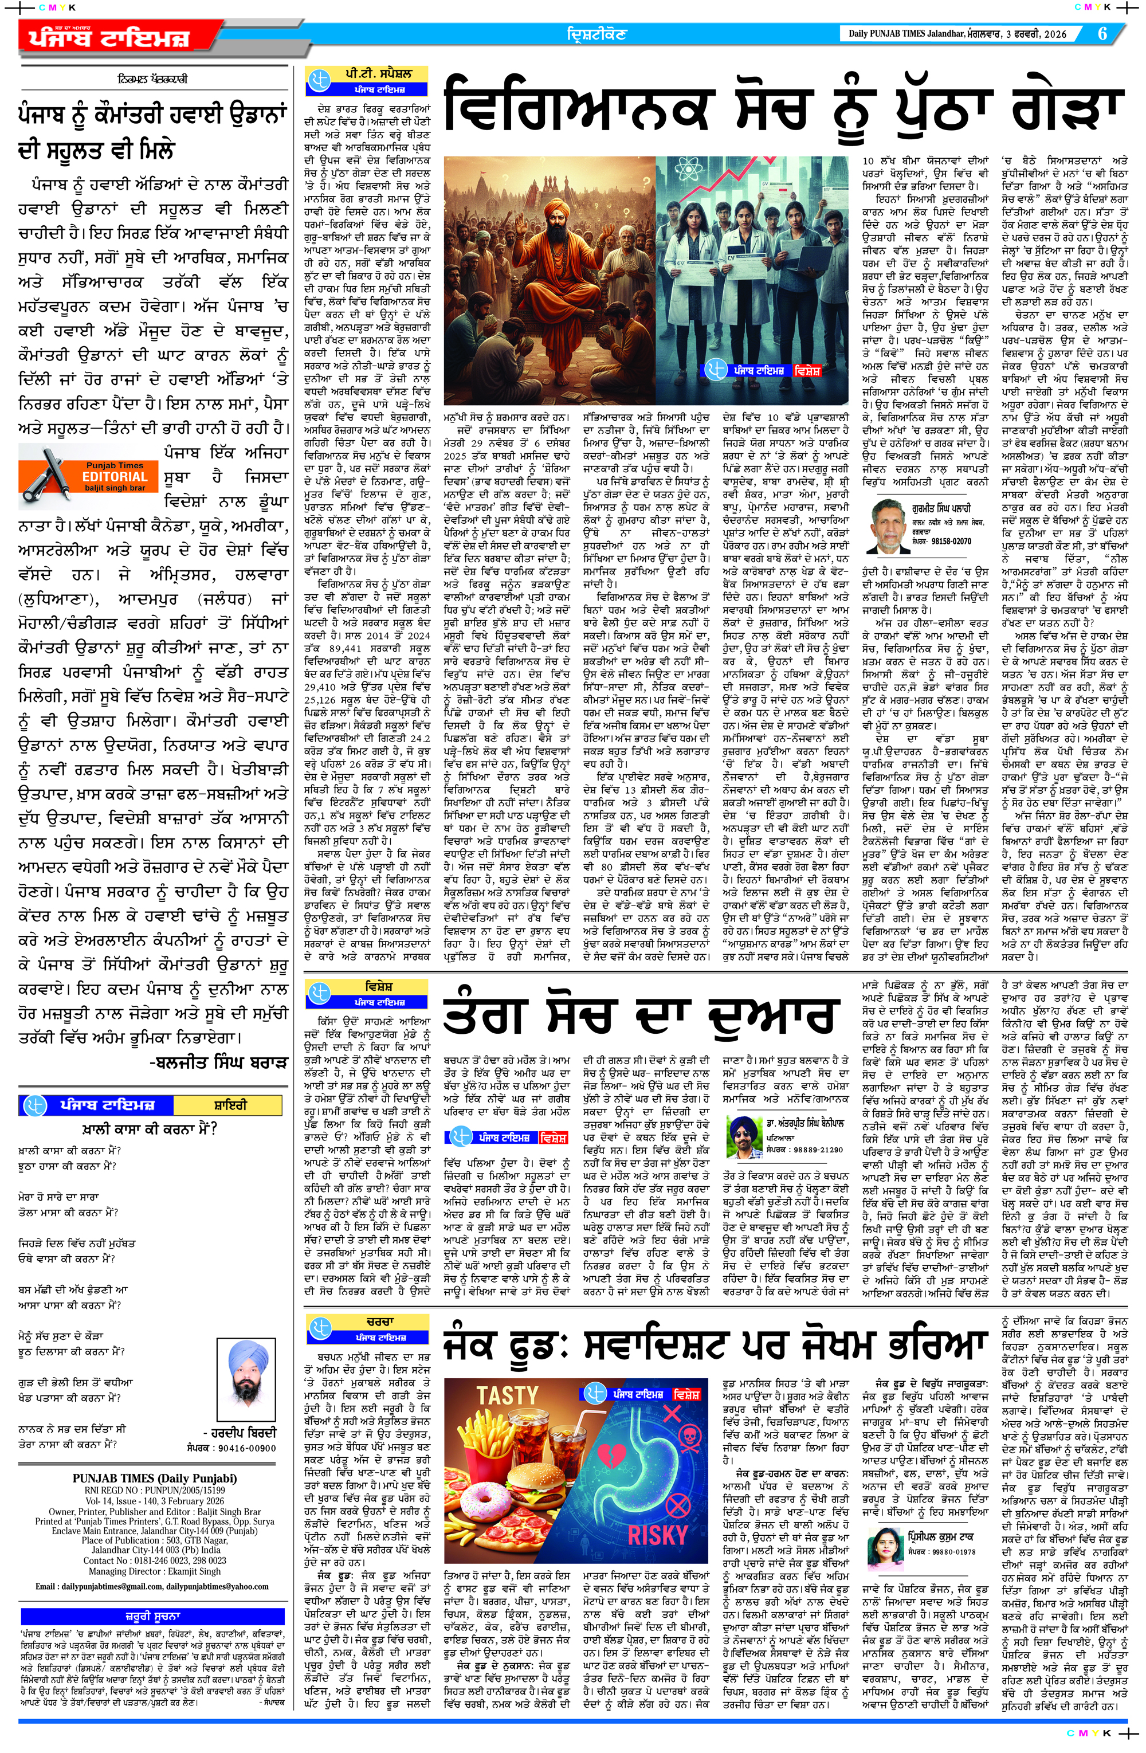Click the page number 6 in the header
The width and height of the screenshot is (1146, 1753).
coord(1102,34)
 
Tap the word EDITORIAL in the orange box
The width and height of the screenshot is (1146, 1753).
coord(115,477)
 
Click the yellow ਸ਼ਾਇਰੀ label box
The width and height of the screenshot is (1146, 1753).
coord(230,1105)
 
